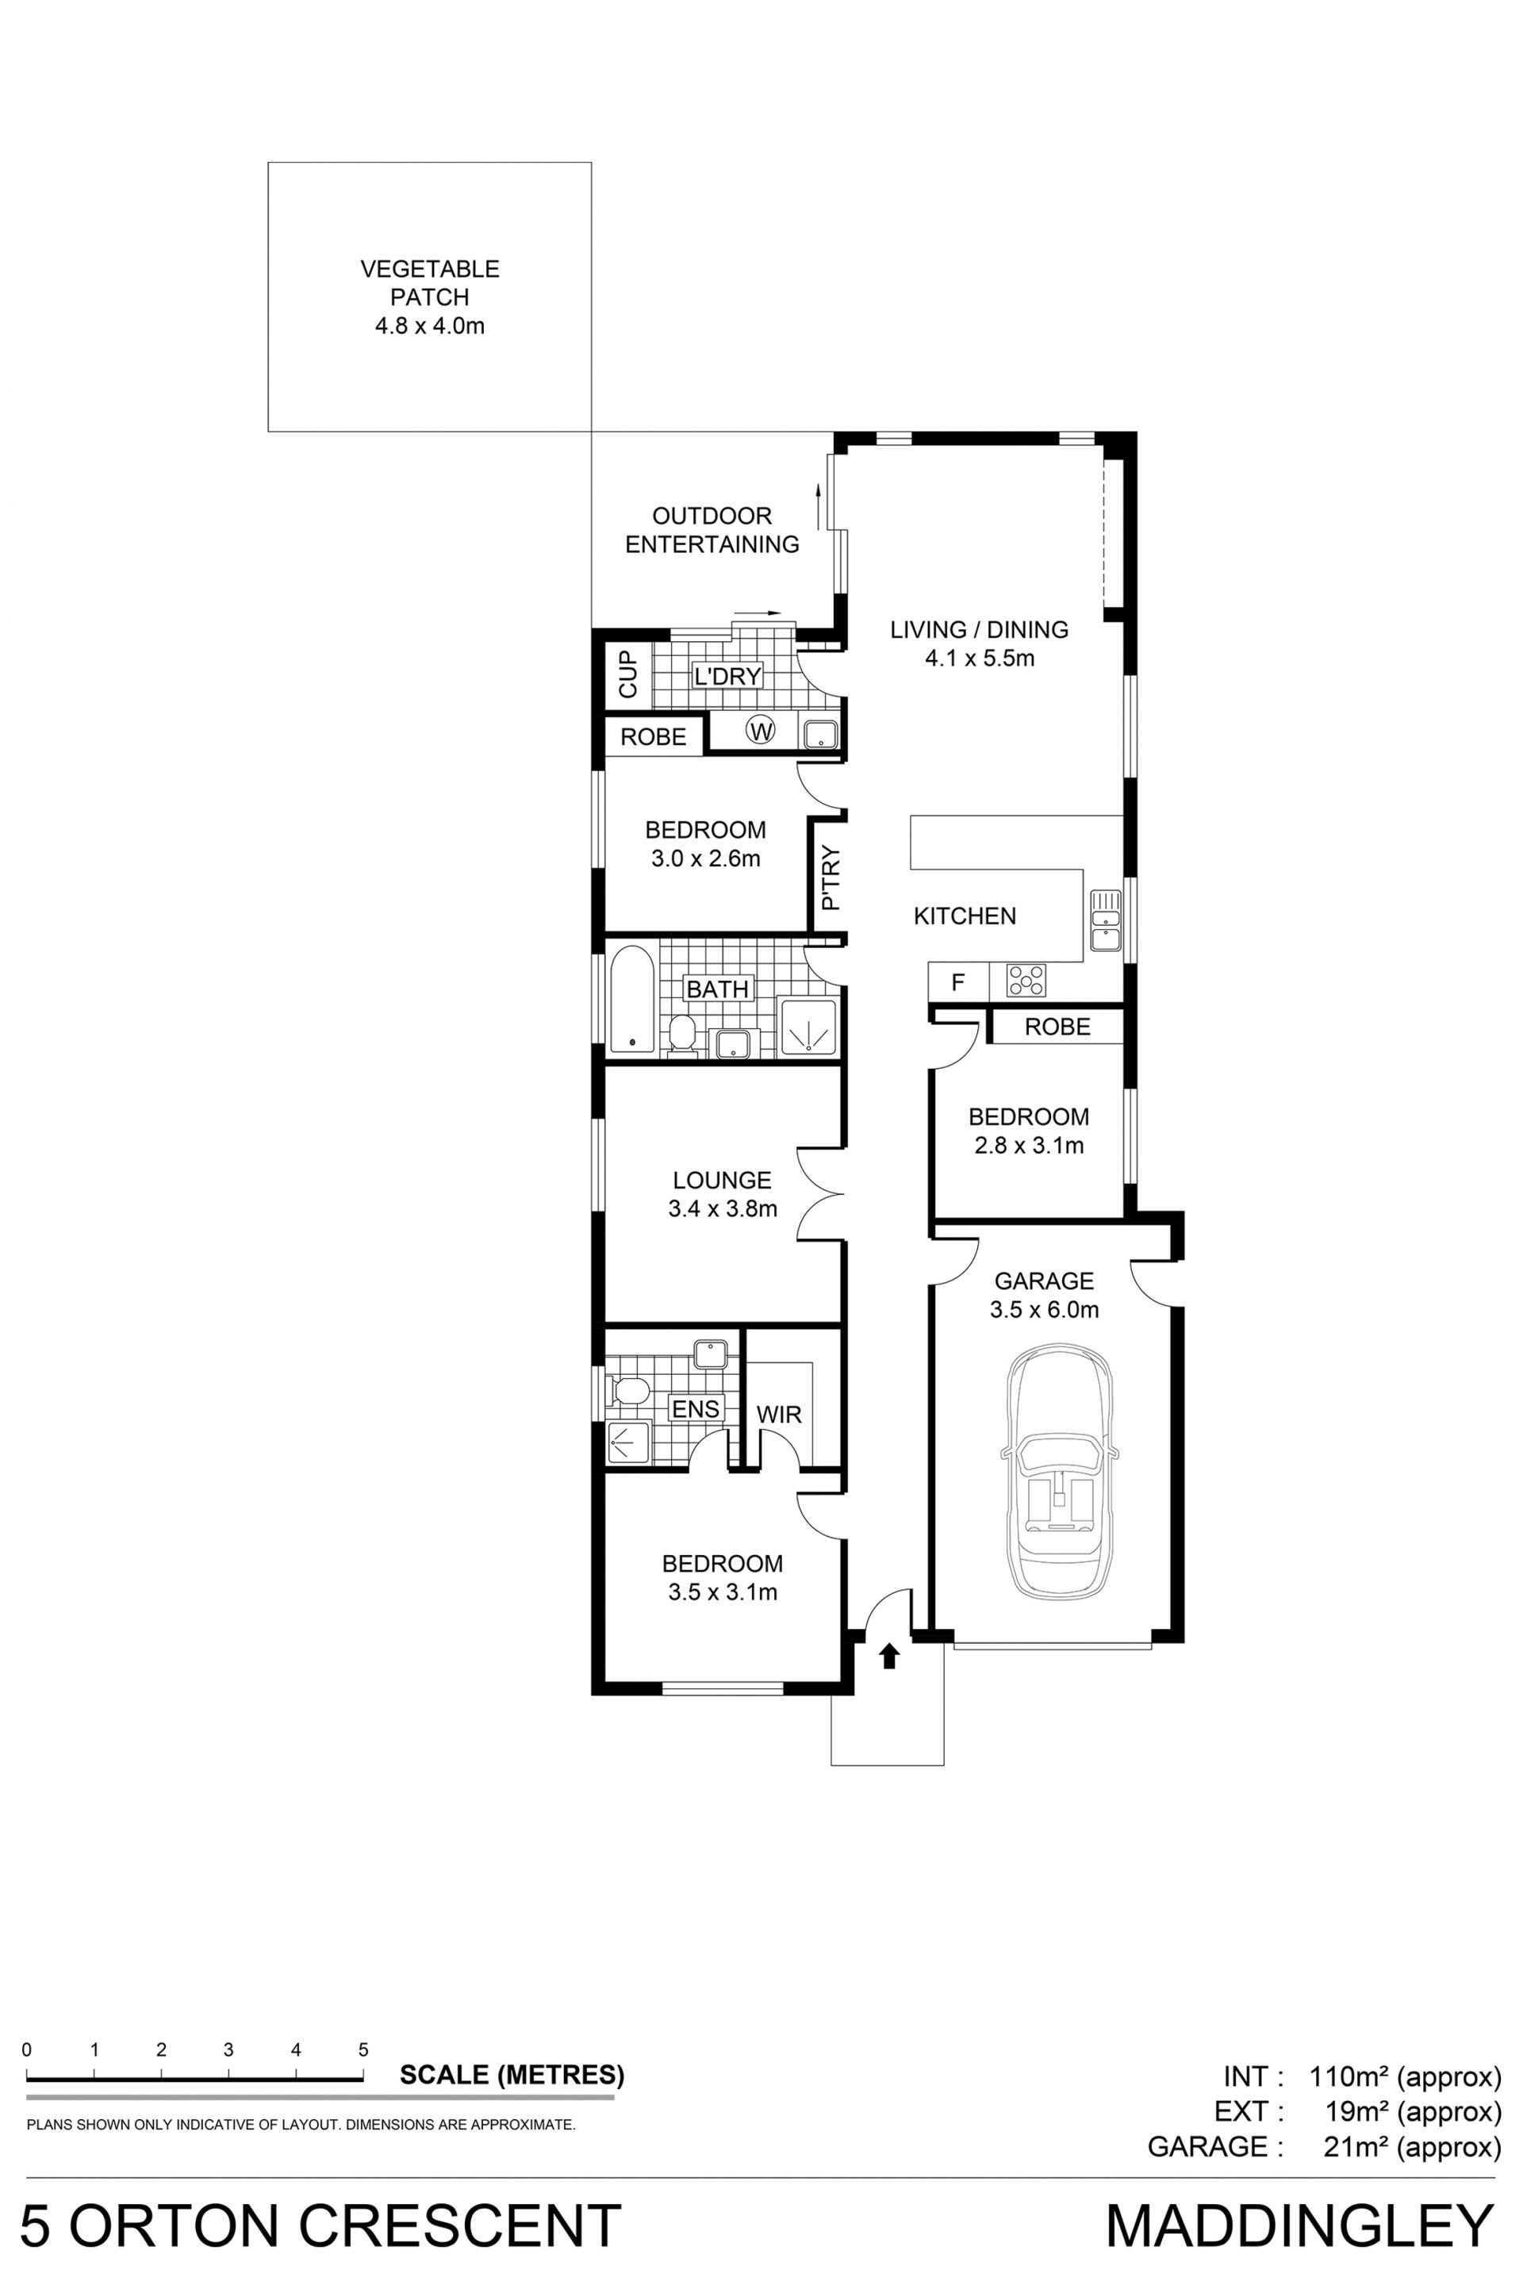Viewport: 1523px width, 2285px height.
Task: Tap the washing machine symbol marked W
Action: tap(761, 730)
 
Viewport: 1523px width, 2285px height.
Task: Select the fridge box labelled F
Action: tap(957, 982)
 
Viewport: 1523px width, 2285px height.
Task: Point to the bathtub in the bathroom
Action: tap(632, 1000)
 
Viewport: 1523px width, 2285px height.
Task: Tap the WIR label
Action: tap(779, 1415)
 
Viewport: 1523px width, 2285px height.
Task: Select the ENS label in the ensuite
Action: tap(696, 1409)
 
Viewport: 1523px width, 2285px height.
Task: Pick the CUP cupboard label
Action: tap(627, 674)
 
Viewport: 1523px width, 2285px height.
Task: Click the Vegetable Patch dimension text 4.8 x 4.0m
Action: tap(429, 325)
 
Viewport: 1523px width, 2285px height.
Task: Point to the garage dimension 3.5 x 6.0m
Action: tap(1044, 1310)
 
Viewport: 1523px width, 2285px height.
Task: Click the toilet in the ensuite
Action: tap(627, 1390)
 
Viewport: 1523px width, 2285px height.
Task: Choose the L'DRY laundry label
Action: tap(727, 675)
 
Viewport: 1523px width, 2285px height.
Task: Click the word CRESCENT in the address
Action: tap(459, 2225)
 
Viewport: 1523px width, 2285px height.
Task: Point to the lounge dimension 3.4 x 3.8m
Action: tap(723, 1208)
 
